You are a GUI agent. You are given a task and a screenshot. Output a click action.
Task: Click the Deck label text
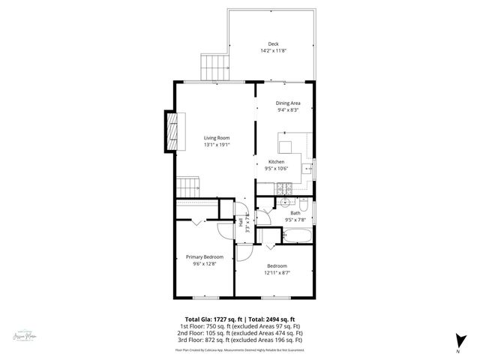tap(272, 43)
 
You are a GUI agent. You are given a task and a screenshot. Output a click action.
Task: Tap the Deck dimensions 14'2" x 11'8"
tap(272, 51)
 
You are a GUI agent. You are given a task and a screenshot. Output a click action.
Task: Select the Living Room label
tap(217, 138)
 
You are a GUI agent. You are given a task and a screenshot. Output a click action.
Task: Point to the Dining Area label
tap(288, 103)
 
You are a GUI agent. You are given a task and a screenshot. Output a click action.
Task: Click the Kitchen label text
tap(277, 162)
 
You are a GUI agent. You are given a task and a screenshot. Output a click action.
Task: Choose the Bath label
tap(295, 214)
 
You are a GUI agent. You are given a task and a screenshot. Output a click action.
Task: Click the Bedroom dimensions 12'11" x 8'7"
tap(276, 273)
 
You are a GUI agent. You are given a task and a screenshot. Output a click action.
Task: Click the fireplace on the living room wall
tap(173, 133)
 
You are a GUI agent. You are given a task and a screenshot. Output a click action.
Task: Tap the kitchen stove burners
tap(284, 188)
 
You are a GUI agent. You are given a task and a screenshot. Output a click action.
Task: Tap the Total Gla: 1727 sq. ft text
tap(213, 319)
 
